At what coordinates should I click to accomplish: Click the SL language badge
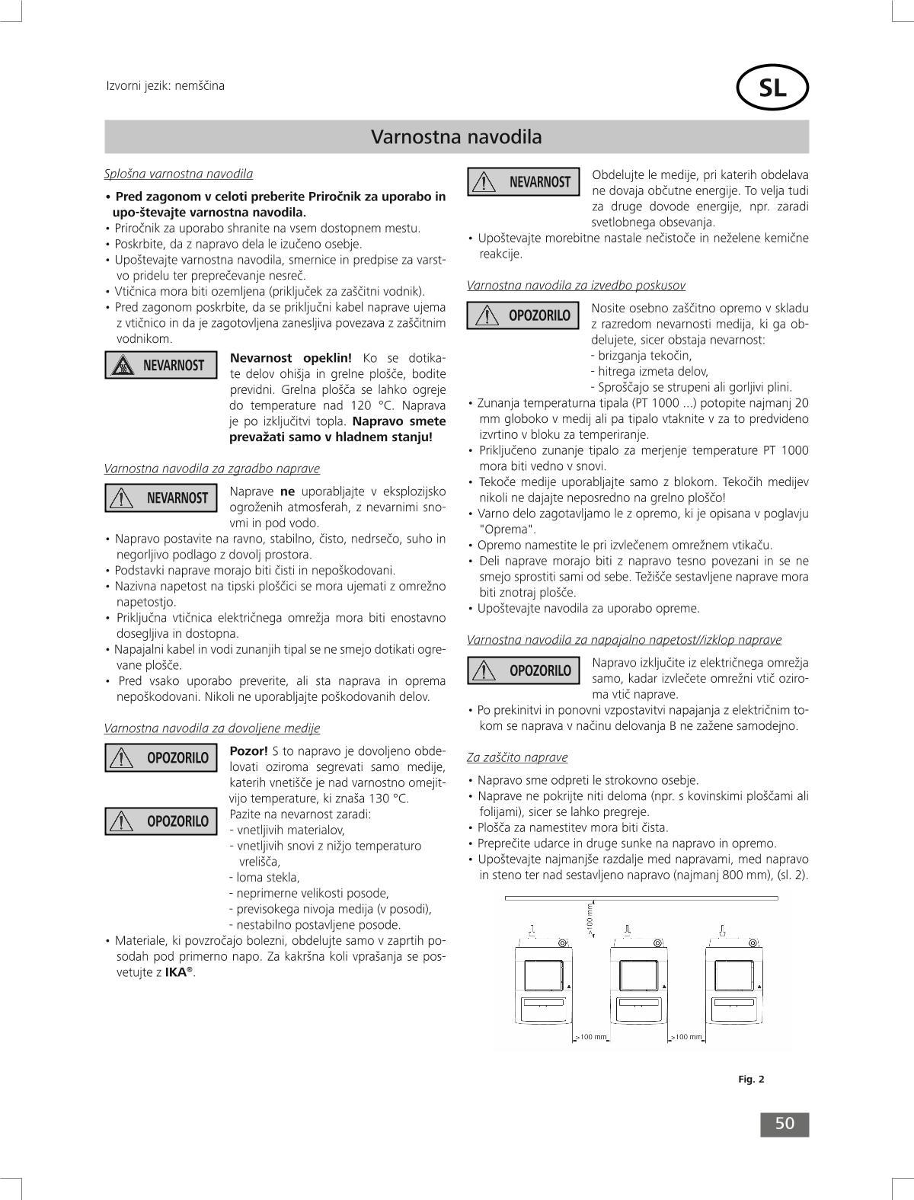point(772,89)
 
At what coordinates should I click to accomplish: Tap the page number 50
point(785,1124)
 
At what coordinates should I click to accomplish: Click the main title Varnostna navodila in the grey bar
point(456,137)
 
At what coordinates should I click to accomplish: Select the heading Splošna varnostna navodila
point(178,174)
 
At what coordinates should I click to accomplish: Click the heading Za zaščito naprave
point(517,757)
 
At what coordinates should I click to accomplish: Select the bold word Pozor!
point(248,750)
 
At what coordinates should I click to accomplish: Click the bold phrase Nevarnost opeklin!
point(290,358)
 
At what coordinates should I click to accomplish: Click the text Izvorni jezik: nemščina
point(165,85)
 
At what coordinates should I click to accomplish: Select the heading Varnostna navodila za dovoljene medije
point(212,728)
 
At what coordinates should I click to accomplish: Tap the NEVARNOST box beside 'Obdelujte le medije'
point(523,182)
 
